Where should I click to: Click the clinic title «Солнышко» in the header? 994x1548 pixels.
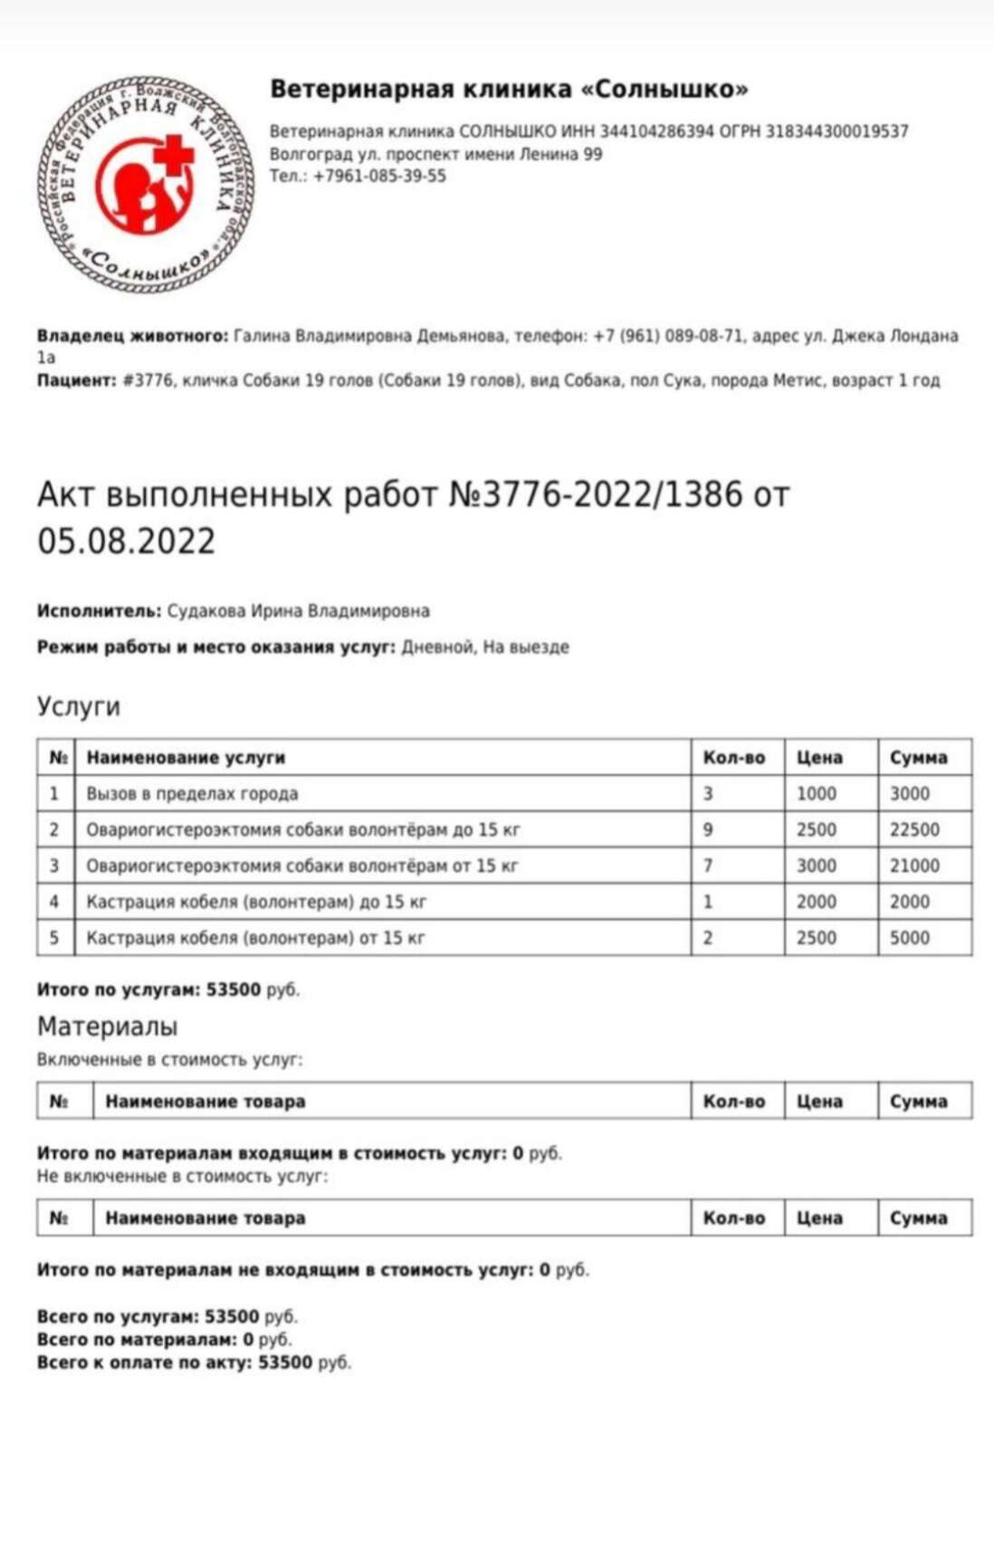[x=509, y=89]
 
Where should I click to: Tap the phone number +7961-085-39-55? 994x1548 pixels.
[x=379, y=176]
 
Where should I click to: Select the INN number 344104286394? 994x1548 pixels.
[x=657, y=131]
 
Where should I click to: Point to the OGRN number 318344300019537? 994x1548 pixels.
[x=836, y=131]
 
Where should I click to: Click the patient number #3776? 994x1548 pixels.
[x=145, y=380]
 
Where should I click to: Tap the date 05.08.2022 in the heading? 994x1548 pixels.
[x=127, y=541]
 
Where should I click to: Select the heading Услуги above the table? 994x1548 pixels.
[x=79, y=706]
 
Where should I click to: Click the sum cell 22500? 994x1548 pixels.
[x=914, y=829]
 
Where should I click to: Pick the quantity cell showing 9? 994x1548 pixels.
[x=708, y=829]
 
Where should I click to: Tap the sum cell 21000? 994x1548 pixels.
[x=914, y=865]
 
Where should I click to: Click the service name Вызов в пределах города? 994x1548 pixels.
[x=192, y=794]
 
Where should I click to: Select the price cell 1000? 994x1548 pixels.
[x=817, y=794]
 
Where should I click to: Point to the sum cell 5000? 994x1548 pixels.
[x=910, y=938]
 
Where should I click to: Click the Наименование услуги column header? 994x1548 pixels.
[x=186, y=758]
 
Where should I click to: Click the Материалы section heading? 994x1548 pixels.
[x=107, y=1027]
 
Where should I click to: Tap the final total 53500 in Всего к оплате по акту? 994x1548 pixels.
[x=285, y=1362]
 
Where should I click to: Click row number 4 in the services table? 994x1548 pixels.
[x=54, y=902]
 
